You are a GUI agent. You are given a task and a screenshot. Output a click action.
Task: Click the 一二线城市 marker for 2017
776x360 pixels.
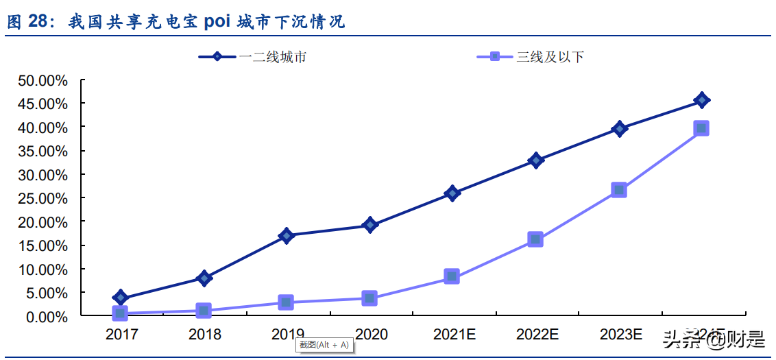click(121, 298)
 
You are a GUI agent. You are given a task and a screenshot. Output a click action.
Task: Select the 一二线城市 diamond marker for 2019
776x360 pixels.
click(287, 235)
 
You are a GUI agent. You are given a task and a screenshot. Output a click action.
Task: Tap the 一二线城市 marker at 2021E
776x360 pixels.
click(452, 193)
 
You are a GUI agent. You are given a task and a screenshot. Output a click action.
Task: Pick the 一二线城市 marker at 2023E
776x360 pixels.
click(619, 128)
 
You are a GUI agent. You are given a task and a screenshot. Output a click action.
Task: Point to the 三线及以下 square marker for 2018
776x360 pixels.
click(204, 311)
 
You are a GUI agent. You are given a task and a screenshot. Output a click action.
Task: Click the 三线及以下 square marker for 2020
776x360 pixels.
click(369, 298)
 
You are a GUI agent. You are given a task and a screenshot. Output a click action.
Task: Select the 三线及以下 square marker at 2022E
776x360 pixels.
click(535, 239)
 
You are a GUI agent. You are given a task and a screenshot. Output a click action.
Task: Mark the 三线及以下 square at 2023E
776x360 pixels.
click(619, 190)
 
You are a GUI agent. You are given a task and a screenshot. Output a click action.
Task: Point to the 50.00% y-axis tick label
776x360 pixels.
click(43, 81)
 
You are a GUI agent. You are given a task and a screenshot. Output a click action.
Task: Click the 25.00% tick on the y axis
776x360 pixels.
click(43, 199)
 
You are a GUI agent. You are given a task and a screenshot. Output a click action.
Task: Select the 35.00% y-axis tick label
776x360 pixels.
click(43, 152)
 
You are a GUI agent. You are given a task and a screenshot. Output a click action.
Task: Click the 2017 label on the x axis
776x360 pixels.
click(121, 335)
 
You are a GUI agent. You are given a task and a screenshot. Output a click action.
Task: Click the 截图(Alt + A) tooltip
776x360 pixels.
click(324, 344)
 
